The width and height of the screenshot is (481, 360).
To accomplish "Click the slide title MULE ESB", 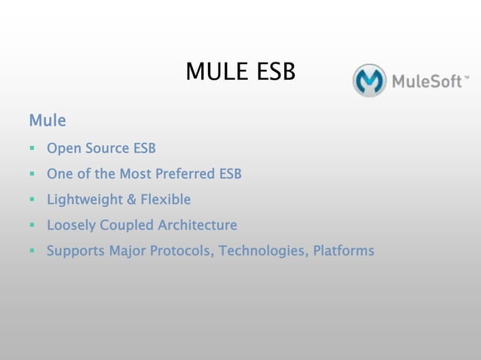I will [240, 72].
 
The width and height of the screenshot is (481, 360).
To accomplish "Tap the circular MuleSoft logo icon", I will [369, 81].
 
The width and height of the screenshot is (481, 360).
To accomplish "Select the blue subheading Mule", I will [47, 121].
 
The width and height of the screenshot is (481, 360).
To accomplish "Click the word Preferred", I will [185, 174].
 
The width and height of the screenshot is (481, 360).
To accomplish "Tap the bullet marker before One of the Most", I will [32, 175].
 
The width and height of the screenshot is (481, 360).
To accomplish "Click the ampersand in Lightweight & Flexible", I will [131, 200].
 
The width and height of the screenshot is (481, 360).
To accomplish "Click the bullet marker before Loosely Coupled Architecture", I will [32, 226].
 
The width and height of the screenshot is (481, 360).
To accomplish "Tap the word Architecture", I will [198, 225].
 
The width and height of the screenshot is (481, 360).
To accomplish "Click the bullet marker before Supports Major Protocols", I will [32, 252].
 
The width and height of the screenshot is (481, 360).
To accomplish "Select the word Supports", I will [75, 251].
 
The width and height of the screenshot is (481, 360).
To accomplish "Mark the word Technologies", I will [264, 251].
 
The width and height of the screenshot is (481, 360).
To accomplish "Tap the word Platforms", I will [344, 251].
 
